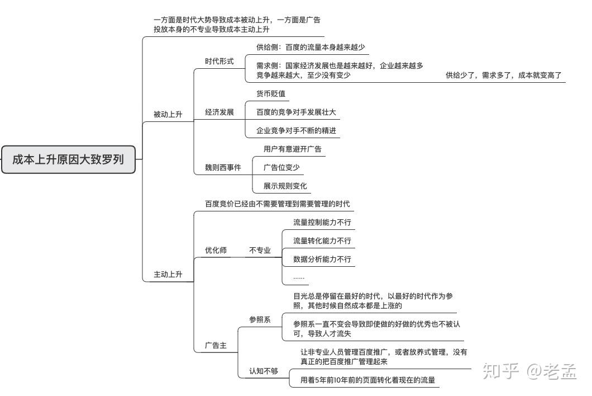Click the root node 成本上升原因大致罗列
(68, 159)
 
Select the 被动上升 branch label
(168, 115)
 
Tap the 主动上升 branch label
(168, 275)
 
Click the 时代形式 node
(219, 62)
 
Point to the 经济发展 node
(219, 112)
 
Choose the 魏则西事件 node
(223, 167)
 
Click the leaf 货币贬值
(270, 93)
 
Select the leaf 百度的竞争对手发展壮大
(296, 112)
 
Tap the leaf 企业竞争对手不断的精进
(296, 130)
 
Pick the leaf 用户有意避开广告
(292, 149)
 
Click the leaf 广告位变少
(281, 167)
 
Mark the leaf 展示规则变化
(285, 186)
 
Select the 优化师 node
(216, 250)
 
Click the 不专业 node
(260, 250)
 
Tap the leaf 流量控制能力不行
(322, 222)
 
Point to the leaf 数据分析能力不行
(322, 259)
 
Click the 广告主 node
(216, 345)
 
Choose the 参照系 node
(260, 319)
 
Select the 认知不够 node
(263, 371)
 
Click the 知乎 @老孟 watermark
(528, 370)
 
